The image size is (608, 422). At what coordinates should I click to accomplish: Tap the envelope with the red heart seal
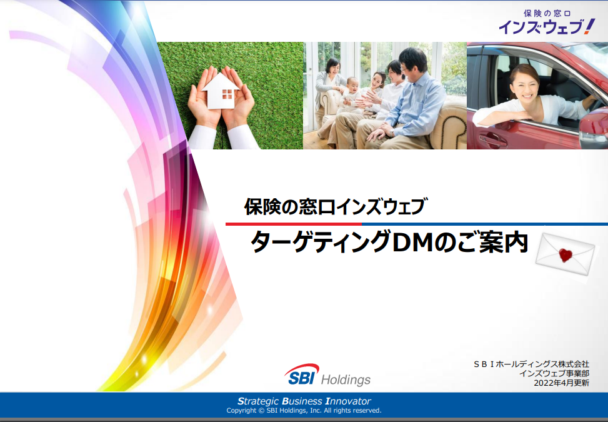pyautogui.click(x=566, y=254)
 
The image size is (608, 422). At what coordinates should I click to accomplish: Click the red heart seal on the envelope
pyautogui.click(x=566, y=255)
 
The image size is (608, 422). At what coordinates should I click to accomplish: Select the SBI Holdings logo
pyautogui.click(x=327, y=374)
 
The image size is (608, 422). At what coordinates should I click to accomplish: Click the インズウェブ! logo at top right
pyautogui.click(x=547, y=23)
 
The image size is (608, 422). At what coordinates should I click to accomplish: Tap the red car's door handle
pyautogui.click(x=492, y=139)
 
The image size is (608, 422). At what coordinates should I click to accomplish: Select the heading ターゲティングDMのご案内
pyautogui.click(x=389, y=243)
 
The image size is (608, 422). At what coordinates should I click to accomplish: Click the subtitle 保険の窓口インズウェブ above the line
pyautogui.click(x=336, y=206)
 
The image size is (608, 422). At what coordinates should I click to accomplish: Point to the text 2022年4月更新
pyautogui.click(x=562, y=383)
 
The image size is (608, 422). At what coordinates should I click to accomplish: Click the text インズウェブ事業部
pyautogui.click(x=554, y=373)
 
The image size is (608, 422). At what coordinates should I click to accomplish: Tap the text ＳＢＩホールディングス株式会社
pyautogui.click(x=531, y=364)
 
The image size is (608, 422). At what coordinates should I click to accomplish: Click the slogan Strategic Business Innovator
pyautogui.click(x=304, y=401)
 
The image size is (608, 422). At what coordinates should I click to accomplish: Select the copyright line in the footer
pyautogui.click(x=304, y=410)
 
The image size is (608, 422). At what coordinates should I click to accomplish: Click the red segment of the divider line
pyautogui.click(x=294, y=224)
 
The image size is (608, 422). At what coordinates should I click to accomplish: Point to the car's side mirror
pyautogui.click(x=594, y=128)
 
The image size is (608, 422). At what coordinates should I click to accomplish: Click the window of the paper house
pyautogui.click(x=227, y=94)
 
